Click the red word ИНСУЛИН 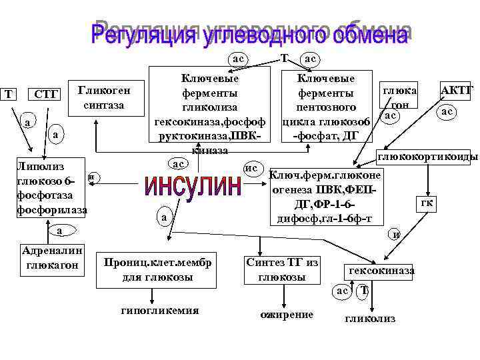pos(193,186)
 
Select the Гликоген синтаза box pos(104,97)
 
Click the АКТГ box pos(457,90)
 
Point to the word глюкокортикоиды pos(427,157)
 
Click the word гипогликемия pos(159,311)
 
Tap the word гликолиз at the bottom pos(369,319)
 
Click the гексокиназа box pos(378,270)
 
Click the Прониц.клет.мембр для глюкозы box pos(157,269)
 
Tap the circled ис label pos(251,167)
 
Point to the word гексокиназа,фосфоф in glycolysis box pos(211,122)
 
